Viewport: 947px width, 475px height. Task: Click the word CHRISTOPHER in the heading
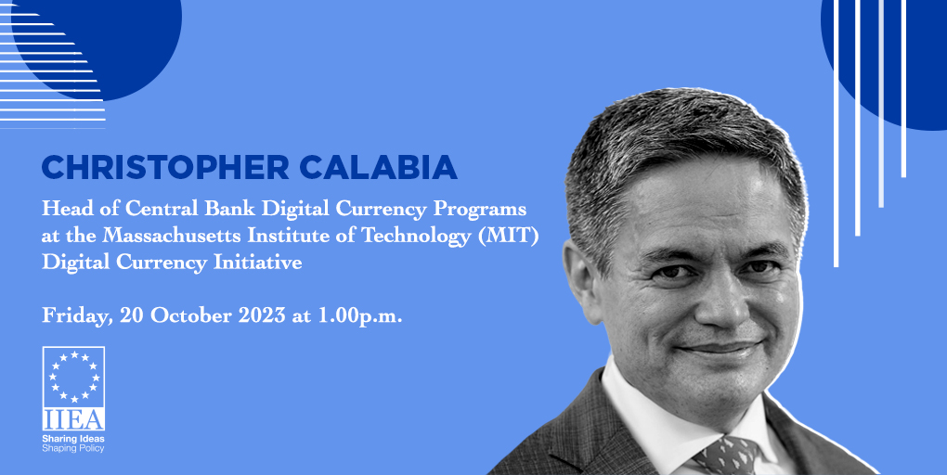tap(165, 167)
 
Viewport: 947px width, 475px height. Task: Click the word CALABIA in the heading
tap(378, 167)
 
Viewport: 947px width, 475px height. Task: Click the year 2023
tap(262, 315)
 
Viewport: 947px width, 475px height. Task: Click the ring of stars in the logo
tap(73, 377)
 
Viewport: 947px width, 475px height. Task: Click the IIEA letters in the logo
tap(73, 418)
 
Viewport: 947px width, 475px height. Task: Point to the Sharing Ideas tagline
tap(73, 439)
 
